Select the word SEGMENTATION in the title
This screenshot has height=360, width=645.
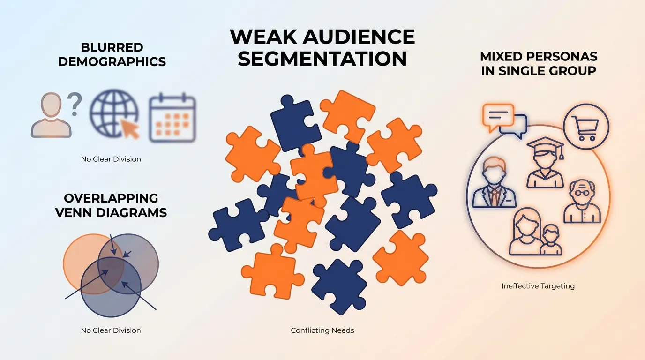tap(322, 59)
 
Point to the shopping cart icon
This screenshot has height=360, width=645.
tap(586, 127)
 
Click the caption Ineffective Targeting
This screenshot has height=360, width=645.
tap(538, 285)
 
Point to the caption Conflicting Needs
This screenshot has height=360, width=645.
tap(322, 330)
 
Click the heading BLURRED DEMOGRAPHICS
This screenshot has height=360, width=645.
tap(112, 54)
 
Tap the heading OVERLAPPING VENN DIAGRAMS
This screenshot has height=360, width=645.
tap(111, 205)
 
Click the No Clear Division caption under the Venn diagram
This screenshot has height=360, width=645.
tap(111, 330)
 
